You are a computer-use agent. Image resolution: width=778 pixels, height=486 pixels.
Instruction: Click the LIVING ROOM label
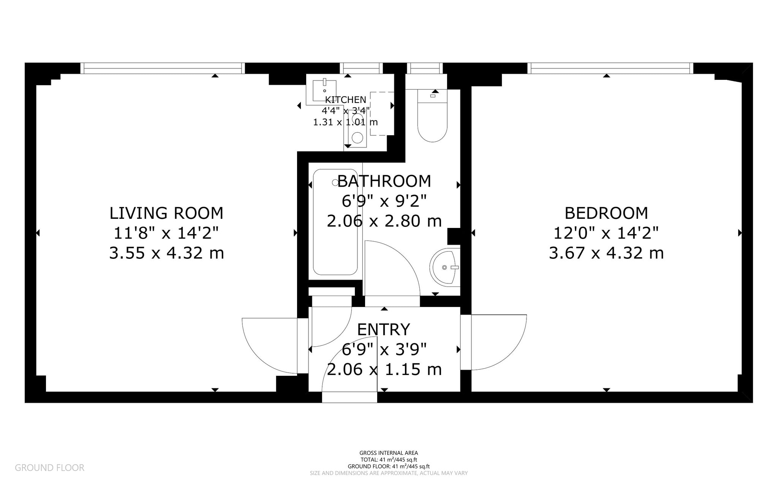(x=166, y=213)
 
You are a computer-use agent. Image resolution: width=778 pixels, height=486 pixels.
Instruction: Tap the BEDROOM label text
(x=606, y=213)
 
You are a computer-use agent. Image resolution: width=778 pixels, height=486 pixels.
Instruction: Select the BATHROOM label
(x=384, y=181)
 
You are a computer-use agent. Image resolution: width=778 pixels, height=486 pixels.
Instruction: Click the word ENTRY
(x=384, y=329)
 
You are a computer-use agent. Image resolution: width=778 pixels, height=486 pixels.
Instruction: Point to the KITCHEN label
(x=346, y=100)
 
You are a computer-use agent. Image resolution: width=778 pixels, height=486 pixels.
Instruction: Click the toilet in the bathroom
(x=433, y=116)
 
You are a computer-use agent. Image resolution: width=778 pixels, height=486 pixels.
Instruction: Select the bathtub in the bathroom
(x=335, y=222)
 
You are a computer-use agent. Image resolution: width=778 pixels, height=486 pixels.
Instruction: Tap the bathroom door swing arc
(x=391, y=268)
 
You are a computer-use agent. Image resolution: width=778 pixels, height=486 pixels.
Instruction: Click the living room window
(x=163, y=68)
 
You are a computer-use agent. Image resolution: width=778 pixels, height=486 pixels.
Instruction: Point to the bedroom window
(x=610, y=68)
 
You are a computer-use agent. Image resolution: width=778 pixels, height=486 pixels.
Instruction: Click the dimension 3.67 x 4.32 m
(x=606, y=253)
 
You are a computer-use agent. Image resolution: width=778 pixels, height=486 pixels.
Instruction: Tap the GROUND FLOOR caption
(x=49, y=468)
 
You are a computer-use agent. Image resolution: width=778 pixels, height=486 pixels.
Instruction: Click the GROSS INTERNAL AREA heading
(x=389, y=453)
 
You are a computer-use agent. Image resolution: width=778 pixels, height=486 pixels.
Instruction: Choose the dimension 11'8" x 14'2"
(x=166, y=233)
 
